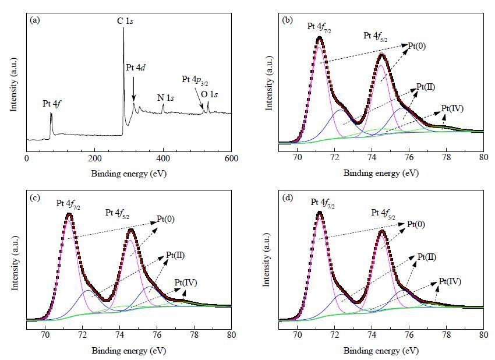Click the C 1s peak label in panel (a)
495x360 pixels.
(x=125, y=21)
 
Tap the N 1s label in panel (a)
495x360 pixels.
(x=166, y=98)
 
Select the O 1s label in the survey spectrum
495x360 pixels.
(x=209, y=94)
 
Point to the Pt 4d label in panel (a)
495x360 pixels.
(x=136, y=67)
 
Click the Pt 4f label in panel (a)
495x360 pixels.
(x=52, y=104)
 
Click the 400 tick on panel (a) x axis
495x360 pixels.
(x=163, y=158)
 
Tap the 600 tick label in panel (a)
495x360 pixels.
(x=232, y=158)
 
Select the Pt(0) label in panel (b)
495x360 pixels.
(x=417, y=46)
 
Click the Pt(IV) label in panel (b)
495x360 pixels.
(x=452, y=108)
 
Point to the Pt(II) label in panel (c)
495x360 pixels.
(x=175, y=255)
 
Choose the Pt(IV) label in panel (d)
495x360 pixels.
(x=450, y=281)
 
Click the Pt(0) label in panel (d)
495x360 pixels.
(x=416, y=224)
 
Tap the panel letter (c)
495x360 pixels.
(x=35, y=198)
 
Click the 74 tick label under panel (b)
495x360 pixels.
(x=372, y=157)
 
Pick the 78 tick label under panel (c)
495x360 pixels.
(x=195, y=335)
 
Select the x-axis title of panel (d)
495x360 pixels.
(x=381, y=351)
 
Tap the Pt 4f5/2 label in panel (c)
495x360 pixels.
(x=118, y=213)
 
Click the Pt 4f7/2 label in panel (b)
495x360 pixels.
(x=320, y=27)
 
